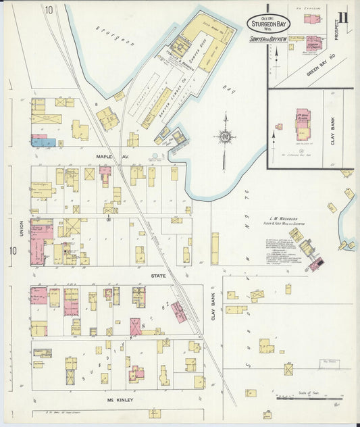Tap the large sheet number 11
(344, 17)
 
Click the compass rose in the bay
(225, 136)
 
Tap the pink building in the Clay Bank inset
(302, 119)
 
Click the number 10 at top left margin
(49, 9)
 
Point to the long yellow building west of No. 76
(215, 248)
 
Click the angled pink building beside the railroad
(178, 312)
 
